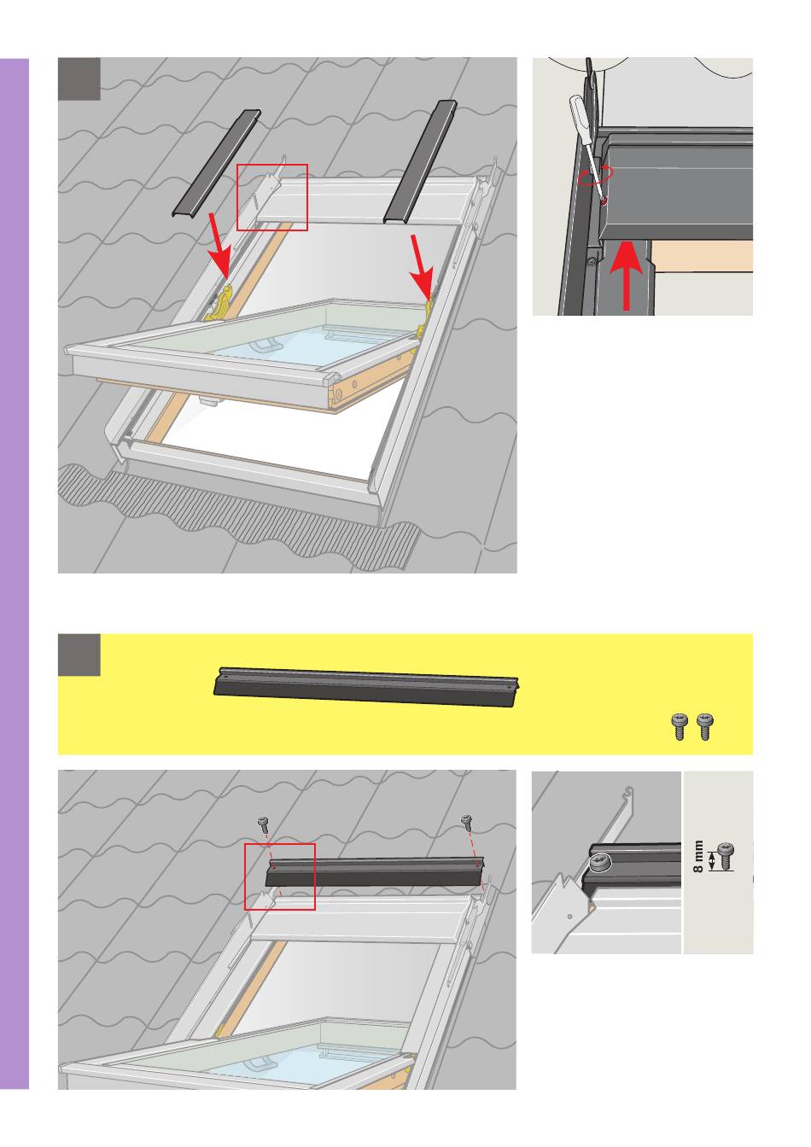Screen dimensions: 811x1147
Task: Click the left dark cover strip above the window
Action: [x=216, y=163]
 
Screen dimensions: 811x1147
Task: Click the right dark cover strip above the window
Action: [x=420, y=162]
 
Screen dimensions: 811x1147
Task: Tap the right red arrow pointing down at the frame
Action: [x=423, y=267]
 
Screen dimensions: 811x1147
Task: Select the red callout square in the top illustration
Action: [x=272, y=197]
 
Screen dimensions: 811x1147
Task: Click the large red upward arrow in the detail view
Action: [x=626, y=276]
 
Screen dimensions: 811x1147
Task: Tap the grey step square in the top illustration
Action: [x=79, y=79]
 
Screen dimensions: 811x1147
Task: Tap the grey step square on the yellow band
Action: [x=79, y=655]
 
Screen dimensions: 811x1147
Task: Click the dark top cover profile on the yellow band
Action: [x=365, y=687]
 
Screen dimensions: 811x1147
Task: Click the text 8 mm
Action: [x=697, y=856]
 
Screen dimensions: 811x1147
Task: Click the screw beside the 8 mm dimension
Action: [x=725, y=857]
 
